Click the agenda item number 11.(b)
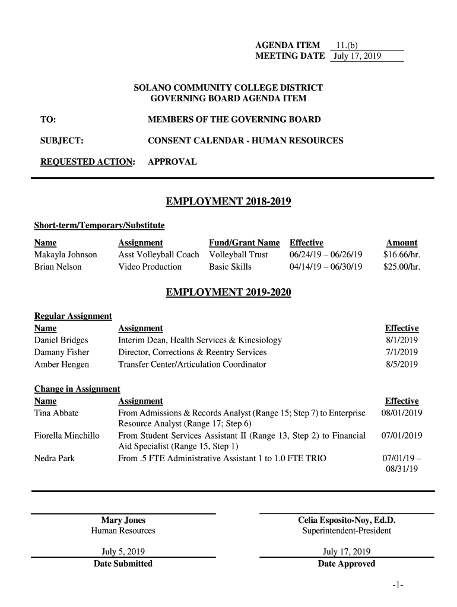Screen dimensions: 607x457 tap(347, 45)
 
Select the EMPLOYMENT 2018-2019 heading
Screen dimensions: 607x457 tap(228, 202)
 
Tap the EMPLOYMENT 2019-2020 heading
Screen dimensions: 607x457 tap(228, 293)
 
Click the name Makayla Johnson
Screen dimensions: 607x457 tap(66, 255)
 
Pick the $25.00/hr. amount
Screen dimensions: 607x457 tap(401, 267)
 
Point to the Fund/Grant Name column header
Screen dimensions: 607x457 tap(244, 243)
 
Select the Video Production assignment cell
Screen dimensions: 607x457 tap(150, 267)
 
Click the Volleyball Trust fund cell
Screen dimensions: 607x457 tap(239, 255)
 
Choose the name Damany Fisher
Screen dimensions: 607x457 tap(62, 352)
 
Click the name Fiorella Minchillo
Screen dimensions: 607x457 tap(67, 436)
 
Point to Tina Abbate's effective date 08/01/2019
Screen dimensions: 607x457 tap(402, 413)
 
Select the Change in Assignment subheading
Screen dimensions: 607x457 tap(77, 389)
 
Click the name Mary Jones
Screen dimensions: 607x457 tap(123, 520)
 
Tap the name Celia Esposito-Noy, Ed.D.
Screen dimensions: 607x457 tap(347, 520)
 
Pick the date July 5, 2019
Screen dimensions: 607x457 tap(123, 551)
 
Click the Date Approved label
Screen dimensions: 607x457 tap(347, 564)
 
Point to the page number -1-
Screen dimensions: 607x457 tap(398, 586)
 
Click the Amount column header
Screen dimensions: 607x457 tap(402, 243)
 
